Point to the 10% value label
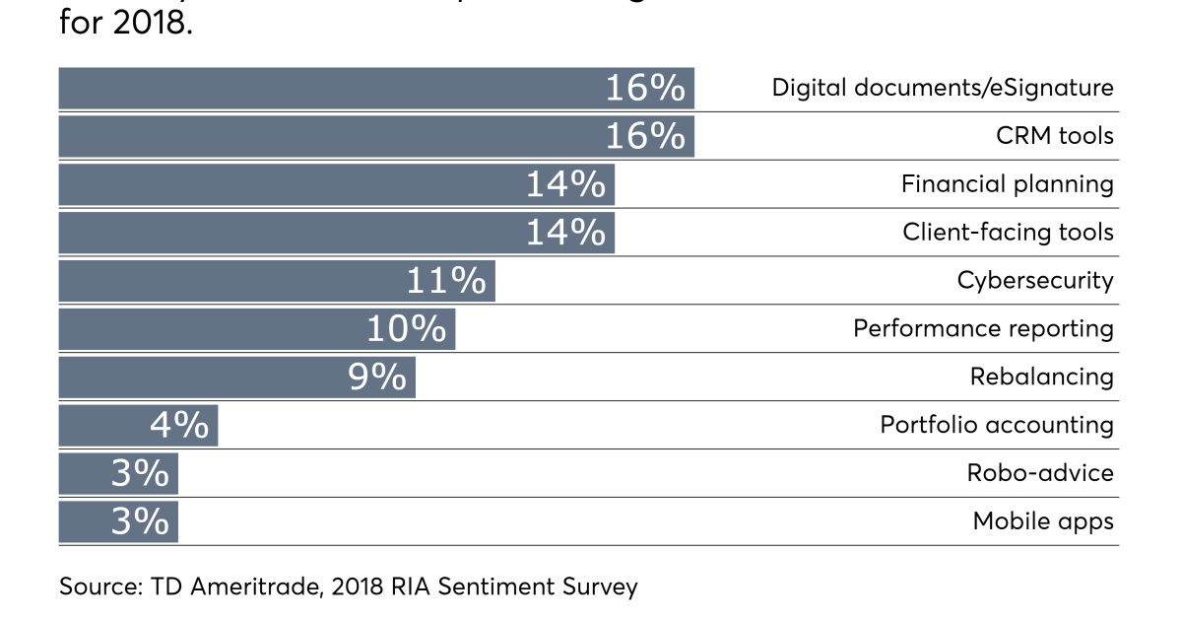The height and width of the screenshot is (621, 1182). tap(406, 329)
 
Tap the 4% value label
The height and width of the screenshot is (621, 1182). tap(179, 426)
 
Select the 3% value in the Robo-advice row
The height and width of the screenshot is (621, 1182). tap(140, 474)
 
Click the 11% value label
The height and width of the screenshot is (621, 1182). tap(446, 281)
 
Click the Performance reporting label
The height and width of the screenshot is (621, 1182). tap(983, 328)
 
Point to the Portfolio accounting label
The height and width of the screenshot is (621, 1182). tap(997, 425)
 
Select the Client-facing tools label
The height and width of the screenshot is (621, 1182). tap(1008, 233)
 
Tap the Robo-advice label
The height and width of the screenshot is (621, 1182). tap(1040, 473)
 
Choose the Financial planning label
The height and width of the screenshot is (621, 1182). tap(1007, 184)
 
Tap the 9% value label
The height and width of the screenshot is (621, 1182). tap(377, 378)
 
